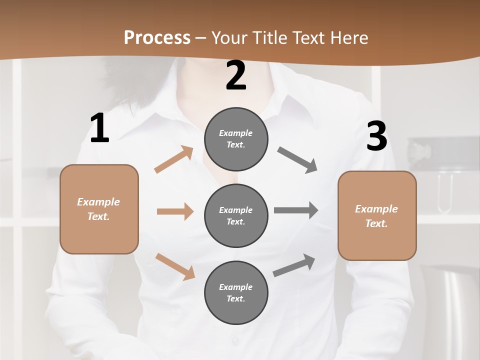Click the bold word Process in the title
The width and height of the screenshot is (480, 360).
tap(157, 37)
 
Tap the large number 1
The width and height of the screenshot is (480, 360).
tap(99, 128)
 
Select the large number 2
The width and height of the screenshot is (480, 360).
tap(236, 76)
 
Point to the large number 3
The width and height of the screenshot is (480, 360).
tap(376, 136)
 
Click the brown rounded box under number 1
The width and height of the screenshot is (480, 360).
tap(99, 209)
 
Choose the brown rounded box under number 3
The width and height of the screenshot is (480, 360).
tap(377, 216)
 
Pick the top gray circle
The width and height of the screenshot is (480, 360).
tap(236, 139)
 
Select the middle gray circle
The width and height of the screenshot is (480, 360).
tap(236, 216)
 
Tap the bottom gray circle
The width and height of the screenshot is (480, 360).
tap(236, 293)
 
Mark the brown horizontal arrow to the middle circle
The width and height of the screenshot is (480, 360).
tap(175, 211)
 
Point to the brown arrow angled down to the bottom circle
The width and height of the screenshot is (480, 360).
tap(175, 266)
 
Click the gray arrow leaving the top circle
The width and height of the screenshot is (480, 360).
tap(297, 160)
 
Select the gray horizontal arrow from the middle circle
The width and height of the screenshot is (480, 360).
tap(296, 210)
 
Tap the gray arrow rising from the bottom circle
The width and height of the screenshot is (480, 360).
tap(294, 265)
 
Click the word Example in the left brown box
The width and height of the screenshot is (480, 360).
tap(98, 202)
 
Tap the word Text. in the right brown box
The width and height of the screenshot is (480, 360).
tap(376, 223)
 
